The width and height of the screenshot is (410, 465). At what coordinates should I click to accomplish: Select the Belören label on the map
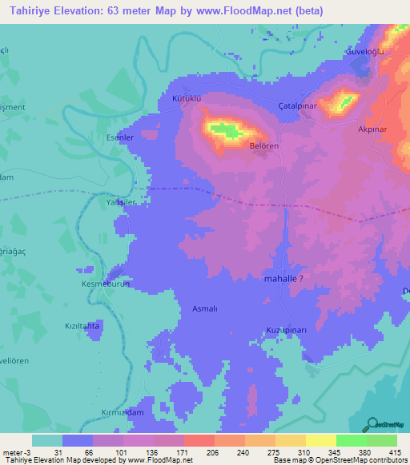tap(263, 146)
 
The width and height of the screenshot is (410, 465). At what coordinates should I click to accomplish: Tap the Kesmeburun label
tap(105, 284)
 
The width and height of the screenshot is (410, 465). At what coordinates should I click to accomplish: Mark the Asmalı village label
tap(206, 308)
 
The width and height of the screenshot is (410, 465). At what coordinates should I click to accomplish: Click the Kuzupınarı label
tap(286, 330)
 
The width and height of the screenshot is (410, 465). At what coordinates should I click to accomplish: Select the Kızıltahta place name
tap(81, 326)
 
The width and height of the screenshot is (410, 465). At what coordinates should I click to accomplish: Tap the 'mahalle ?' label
tap(283, 280)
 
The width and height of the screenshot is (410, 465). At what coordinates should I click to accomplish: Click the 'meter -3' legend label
tap(15, 452)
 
